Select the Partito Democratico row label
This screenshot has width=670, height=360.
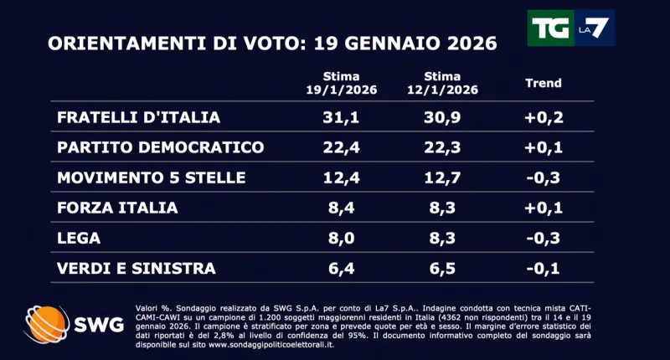(160, 147)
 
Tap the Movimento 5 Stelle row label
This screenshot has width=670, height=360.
(151, 177)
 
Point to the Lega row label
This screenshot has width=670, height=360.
(79, 238)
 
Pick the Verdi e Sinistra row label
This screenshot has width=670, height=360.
(137, 268)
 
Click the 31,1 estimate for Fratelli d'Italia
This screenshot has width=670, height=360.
(342, 117)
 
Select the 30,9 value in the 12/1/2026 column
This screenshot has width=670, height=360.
(445, 117)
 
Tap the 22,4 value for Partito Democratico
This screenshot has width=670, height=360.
(342, 147)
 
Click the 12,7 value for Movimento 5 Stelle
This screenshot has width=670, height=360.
(445, 177)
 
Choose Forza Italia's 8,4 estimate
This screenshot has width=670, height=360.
(342, 208)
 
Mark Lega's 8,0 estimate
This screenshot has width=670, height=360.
(342, 238)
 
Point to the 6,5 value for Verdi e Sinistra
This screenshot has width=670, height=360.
(445, 268)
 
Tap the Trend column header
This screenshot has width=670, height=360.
(543, 83)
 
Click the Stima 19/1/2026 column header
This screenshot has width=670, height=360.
(341, 83)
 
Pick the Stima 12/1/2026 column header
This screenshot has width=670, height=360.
(445, 83)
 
